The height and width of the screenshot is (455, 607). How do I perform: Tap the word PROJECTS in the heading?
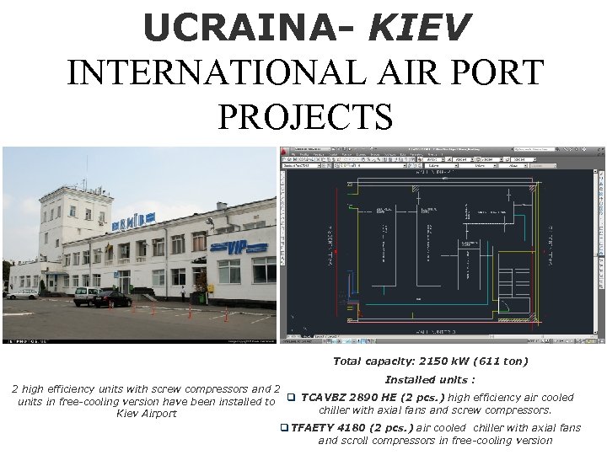click(304, 115)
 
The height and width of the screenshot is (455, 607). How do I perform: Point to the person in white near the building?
click(182, 293)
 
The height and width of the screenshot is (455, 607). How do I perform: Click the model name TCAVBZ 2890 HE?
click(348, 397)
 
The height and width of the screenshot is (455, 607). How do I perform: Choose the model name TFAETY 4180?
click(330, 427)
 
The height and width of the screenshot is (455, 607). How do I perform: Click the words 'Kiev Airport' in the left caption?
click(147, 413)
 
